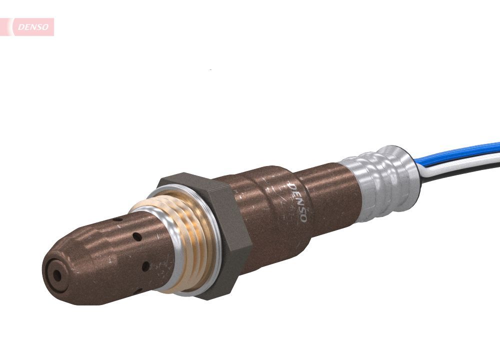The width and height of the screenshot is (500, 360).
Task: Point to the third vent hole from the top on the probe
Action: [x=145, y=266]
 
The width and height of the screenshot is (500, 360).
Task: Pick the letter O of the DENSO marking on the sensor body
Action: [x=302, y=219]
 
